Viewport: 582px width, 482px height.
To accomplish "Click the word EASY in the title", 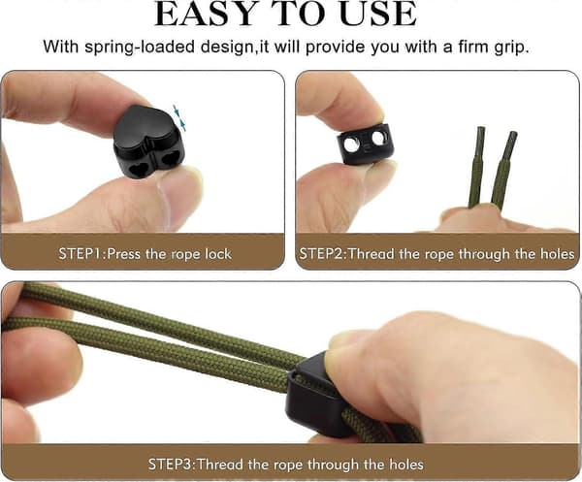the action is pos(206,15).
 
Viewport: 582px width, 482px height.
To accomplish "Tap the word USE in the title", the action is pos(378,15).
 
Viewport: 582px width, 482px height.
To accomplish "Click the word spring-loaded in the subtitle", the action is pos(140,48).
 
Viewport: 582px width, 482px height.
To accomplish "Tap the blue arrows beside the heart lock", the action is pos(178,117).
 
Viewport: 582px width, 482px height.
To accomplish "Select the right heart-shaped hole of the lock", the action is pos(170,160).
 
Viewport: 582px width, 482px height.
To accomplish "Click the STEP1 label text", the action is pos(82,254).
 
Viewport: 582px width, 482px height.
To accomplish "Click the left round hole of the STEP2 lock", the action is pos(351,144).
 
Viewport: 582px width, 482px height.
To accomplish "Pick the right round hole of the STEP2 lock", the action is pos(378,139).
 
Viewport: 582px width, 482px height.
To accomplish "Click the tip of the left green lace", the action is pos(481,128).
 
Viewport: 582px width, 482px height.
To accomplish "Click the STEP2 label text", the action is pos(322,254).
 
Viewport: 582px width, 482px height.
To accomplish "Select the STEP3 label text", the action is pos(171,465).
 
